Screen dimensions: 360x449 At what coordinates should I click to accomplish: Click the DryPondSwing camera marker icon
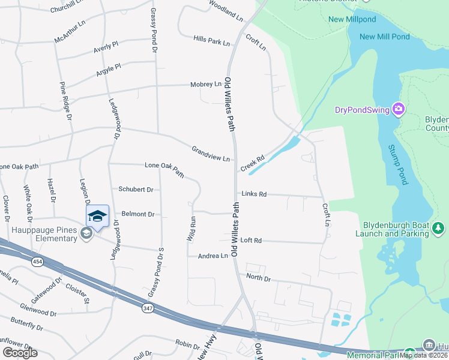click(398, 109)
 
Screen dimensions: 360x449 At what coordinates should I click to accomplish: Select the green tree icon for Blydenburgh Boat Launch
click(439, 228)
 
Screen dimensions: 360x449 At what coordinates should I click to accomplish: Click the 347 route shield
click(148, 308)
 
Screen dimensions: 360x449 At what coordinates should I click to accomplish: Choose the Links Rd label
click(254, 194)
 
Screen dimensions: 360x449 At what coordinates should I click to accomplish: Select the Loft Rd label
click(251, 240)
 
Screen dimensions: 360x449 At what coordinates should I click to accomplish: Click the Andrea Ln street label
click(213, 256)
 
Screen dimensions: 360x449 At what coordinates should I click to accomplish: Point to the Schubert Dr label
click(136, 189)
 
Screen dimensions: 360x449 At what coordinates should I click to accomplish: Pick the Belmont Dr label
click(138, 214)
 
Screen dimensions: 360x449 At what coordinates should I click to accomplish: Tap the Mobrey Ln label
click(206, 85)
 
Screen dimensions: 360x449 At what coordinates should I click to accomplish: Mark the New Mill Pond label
click(384, 37)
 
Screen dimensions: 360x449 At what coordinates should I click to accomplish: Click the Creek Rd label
click(253, 163)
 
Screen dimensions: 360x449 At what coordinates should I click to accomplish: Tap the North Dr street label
click(259, 278)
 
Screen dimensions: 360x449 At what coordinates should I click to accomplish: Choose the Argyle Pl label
click(109, 71)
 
